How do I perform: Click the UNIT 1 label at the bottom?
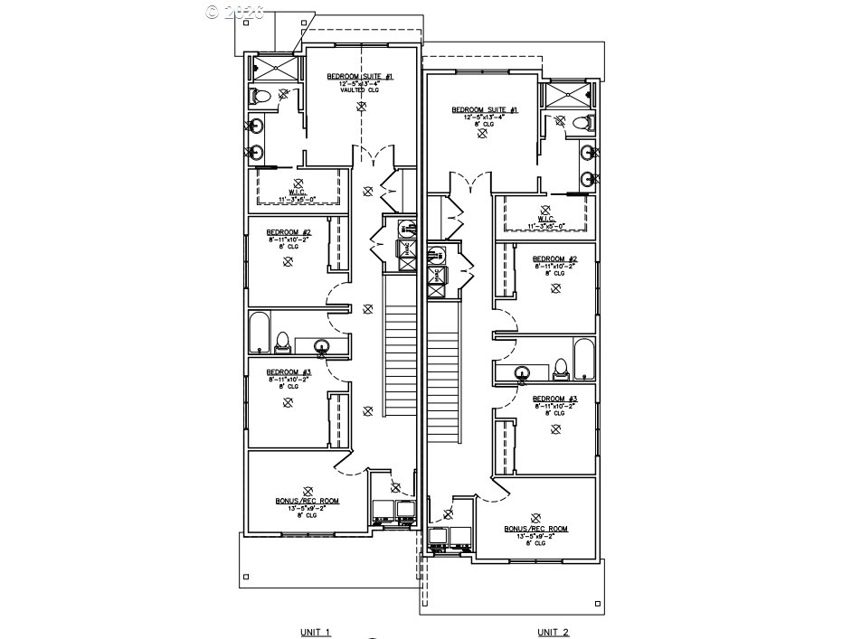[315, 632]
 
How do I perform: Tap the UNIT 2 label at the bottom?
[554, 632]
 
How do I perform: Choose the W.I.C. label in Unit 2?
[545, 218]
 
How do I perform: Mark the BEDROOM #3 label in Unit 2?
[554, 399]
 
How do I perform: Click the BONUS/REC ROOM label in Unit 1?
[308, 500]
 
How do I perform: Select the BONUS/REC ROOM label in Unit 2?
[536, 529]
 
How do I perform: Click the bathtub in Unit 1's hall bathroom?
[260, 333]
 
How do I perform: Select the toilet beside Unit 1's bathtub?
[283, 342]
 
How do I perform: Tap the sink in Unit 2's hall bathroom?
[523, 372]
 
